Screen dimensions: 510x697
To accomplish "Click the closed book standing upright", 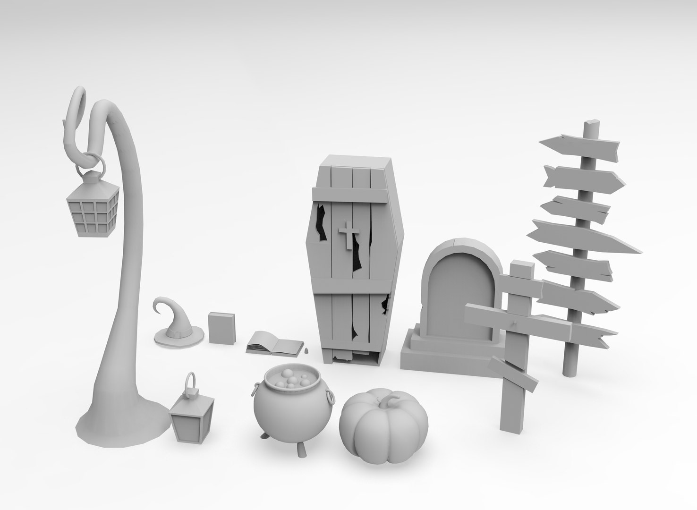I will [x=222, y=328].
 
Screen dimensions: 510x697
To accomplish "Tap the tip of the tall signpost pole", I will [x=590, y=125].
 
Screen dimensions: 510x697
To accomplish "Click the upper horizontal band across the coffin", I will [x=354, y=195].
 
